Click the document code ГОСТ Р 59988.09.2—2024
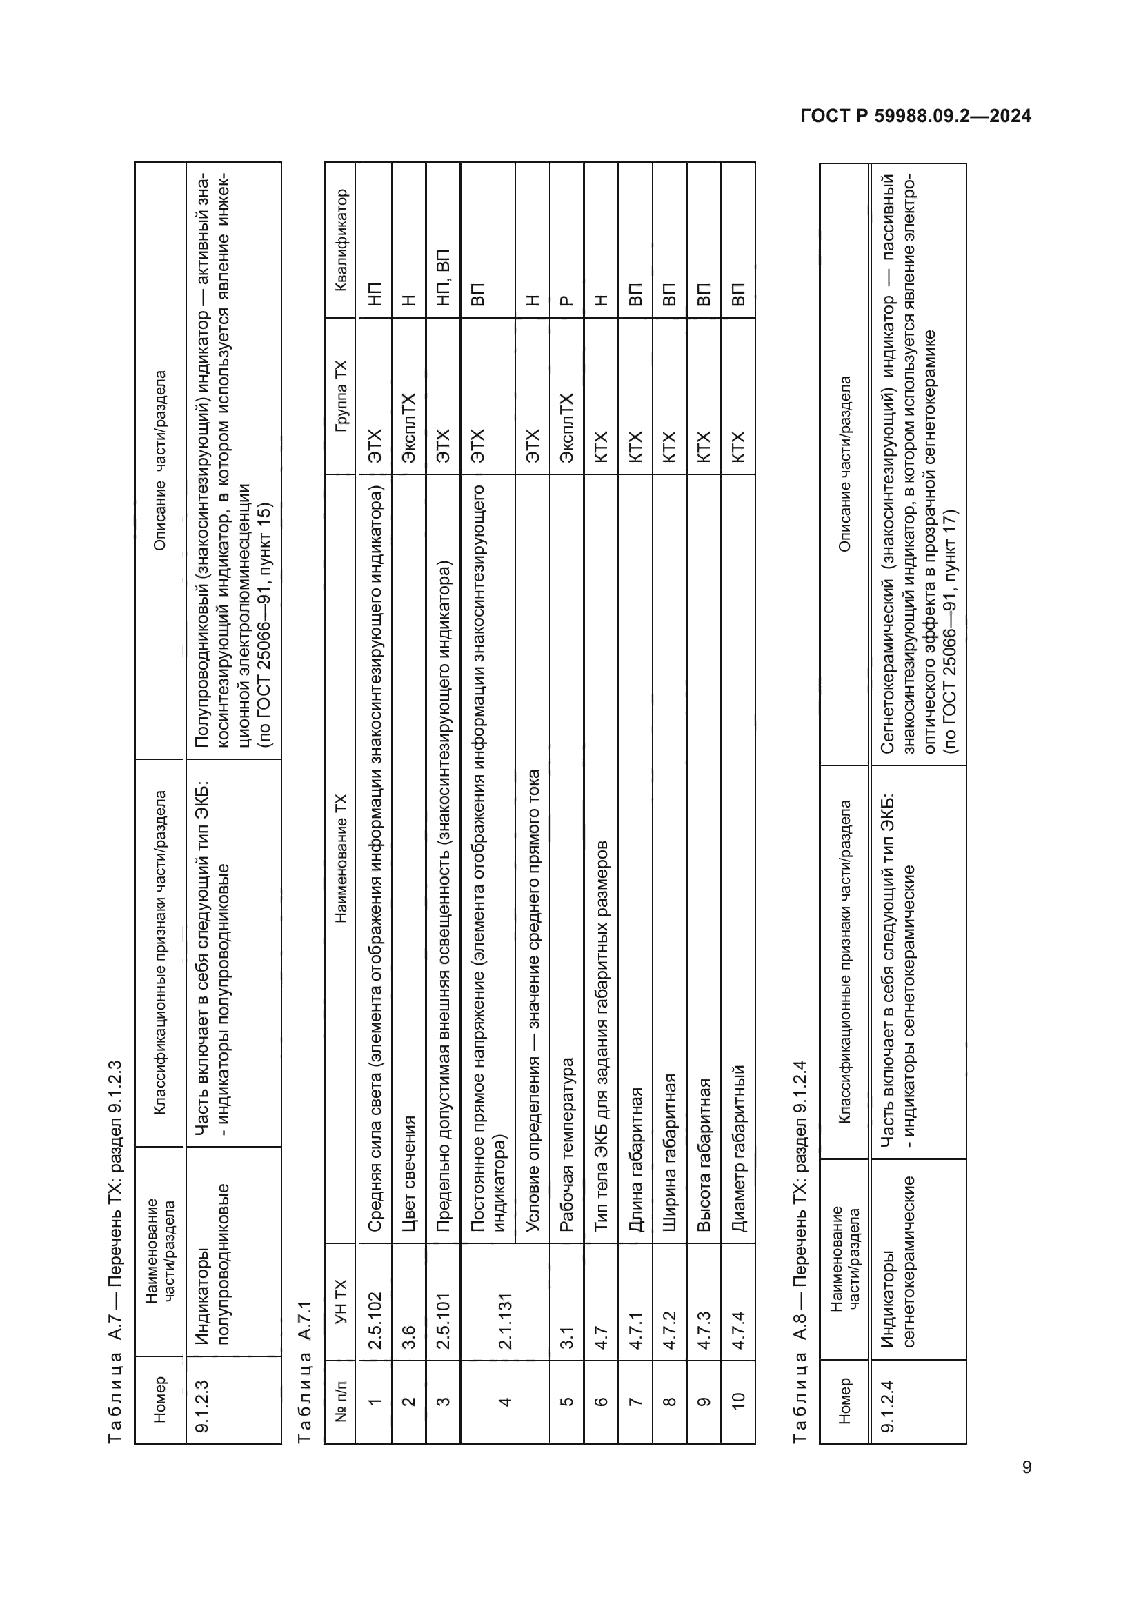pos(915,117)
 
